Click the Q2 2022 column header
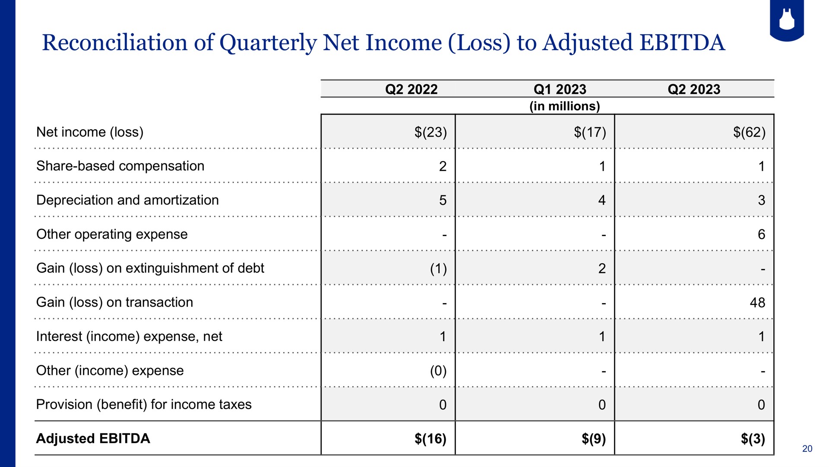coord(411,89)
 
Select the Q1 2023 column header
coord(560,89)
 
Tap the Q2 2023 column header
coord(694,89)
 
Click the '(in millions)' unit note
coord(565,106)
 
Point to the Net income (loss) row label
coord(90,132)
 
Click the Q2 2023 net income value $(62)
coord(749,132)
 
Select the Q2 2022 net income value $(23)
coord(430,132)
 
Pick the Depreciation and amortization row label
coord(127,200)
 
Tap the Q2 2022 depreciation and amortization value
coord(443,200)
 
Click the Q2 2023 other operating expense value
coord(761,234)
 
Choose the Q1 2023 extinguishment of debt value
coord(602,269)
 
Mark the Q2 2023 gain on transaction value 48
coord(757,303)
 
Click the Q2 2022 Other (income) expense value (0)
coord(438,371)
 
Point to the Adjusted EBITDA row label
coord(93,438)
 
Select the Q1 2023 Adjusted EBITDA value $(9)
coord(594,438)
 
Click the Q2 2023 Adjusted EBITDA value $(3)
coord(753,438)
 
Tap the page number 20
coord(807,449)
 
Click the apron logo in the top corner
coord(787,20)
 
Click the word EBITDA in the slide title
coord(682,43)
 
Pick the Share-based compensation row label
coord(120,166)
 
